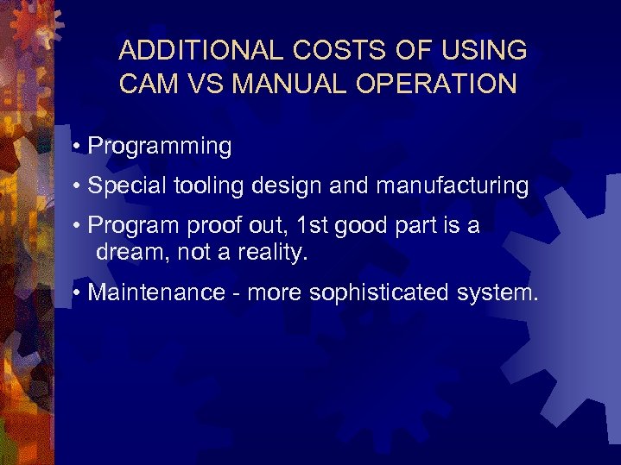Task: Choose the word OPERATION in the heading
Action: coord(435,84)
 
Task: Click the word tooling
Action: coord(206,186)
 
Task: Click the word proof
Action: coord(215,226)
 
